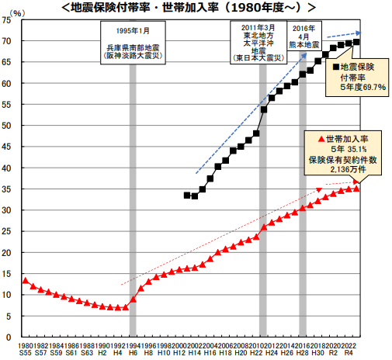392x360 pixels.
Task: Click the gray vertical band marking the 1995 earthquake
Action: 133,194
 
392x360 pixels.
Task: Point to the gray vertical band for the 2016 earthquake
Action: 303,194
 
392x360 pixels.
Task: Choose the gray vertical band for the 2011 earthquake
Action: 263,194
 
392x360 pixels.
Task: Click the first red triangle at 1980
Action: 25,281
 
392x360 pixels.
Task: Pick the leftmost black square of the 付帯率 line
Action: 186,195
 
